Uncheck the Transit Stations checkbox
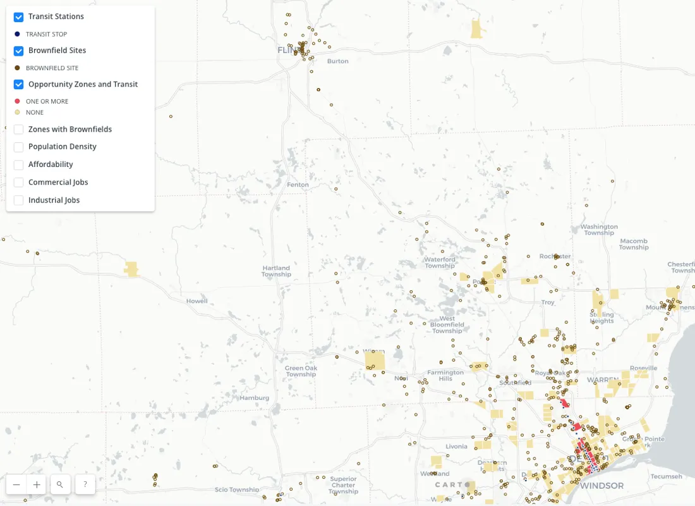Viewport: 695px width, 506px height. tap(19, 17)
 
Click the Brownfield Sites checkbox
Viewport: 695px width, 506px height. tap(19, 51)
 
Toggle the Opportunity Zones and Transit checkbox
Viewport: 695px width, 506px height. tap(19, 84)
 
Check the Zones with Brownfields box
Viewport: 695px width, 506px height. tap(19, 130)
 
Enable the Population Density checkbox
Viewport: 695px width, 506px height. tap(19, 147)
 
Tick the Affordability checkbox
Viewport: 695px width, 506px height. tap(19, 164)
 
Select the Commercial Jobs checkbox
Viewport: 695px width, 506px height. tap(19, 182)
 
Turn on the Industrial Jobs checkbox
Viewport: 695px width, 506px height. tap(19, 200)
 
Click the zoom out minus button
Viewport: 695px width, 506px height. tap(16, 484)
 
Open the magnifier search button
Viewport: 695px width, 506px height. tap(60, 484)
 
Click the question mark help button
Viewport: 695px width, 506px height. tap(85, 484)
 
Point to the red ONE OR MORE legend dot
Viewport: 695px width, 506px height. tap(17, 101)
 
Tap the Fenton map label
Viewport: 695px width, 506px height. tap(298, 185)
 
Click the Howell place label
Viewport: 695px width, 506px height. tap(196, 301)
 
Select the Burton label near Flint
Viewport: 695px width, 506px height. tap(338, 61)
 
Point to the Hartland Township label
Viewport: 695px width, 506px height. tap(276, 271)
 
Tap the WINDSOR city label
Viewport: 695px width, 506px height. tap(601, 486)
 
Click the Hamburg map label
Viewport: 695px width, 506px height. tap(255, 398)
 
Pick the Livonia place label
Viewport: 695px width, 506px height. tap(456, 447)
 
